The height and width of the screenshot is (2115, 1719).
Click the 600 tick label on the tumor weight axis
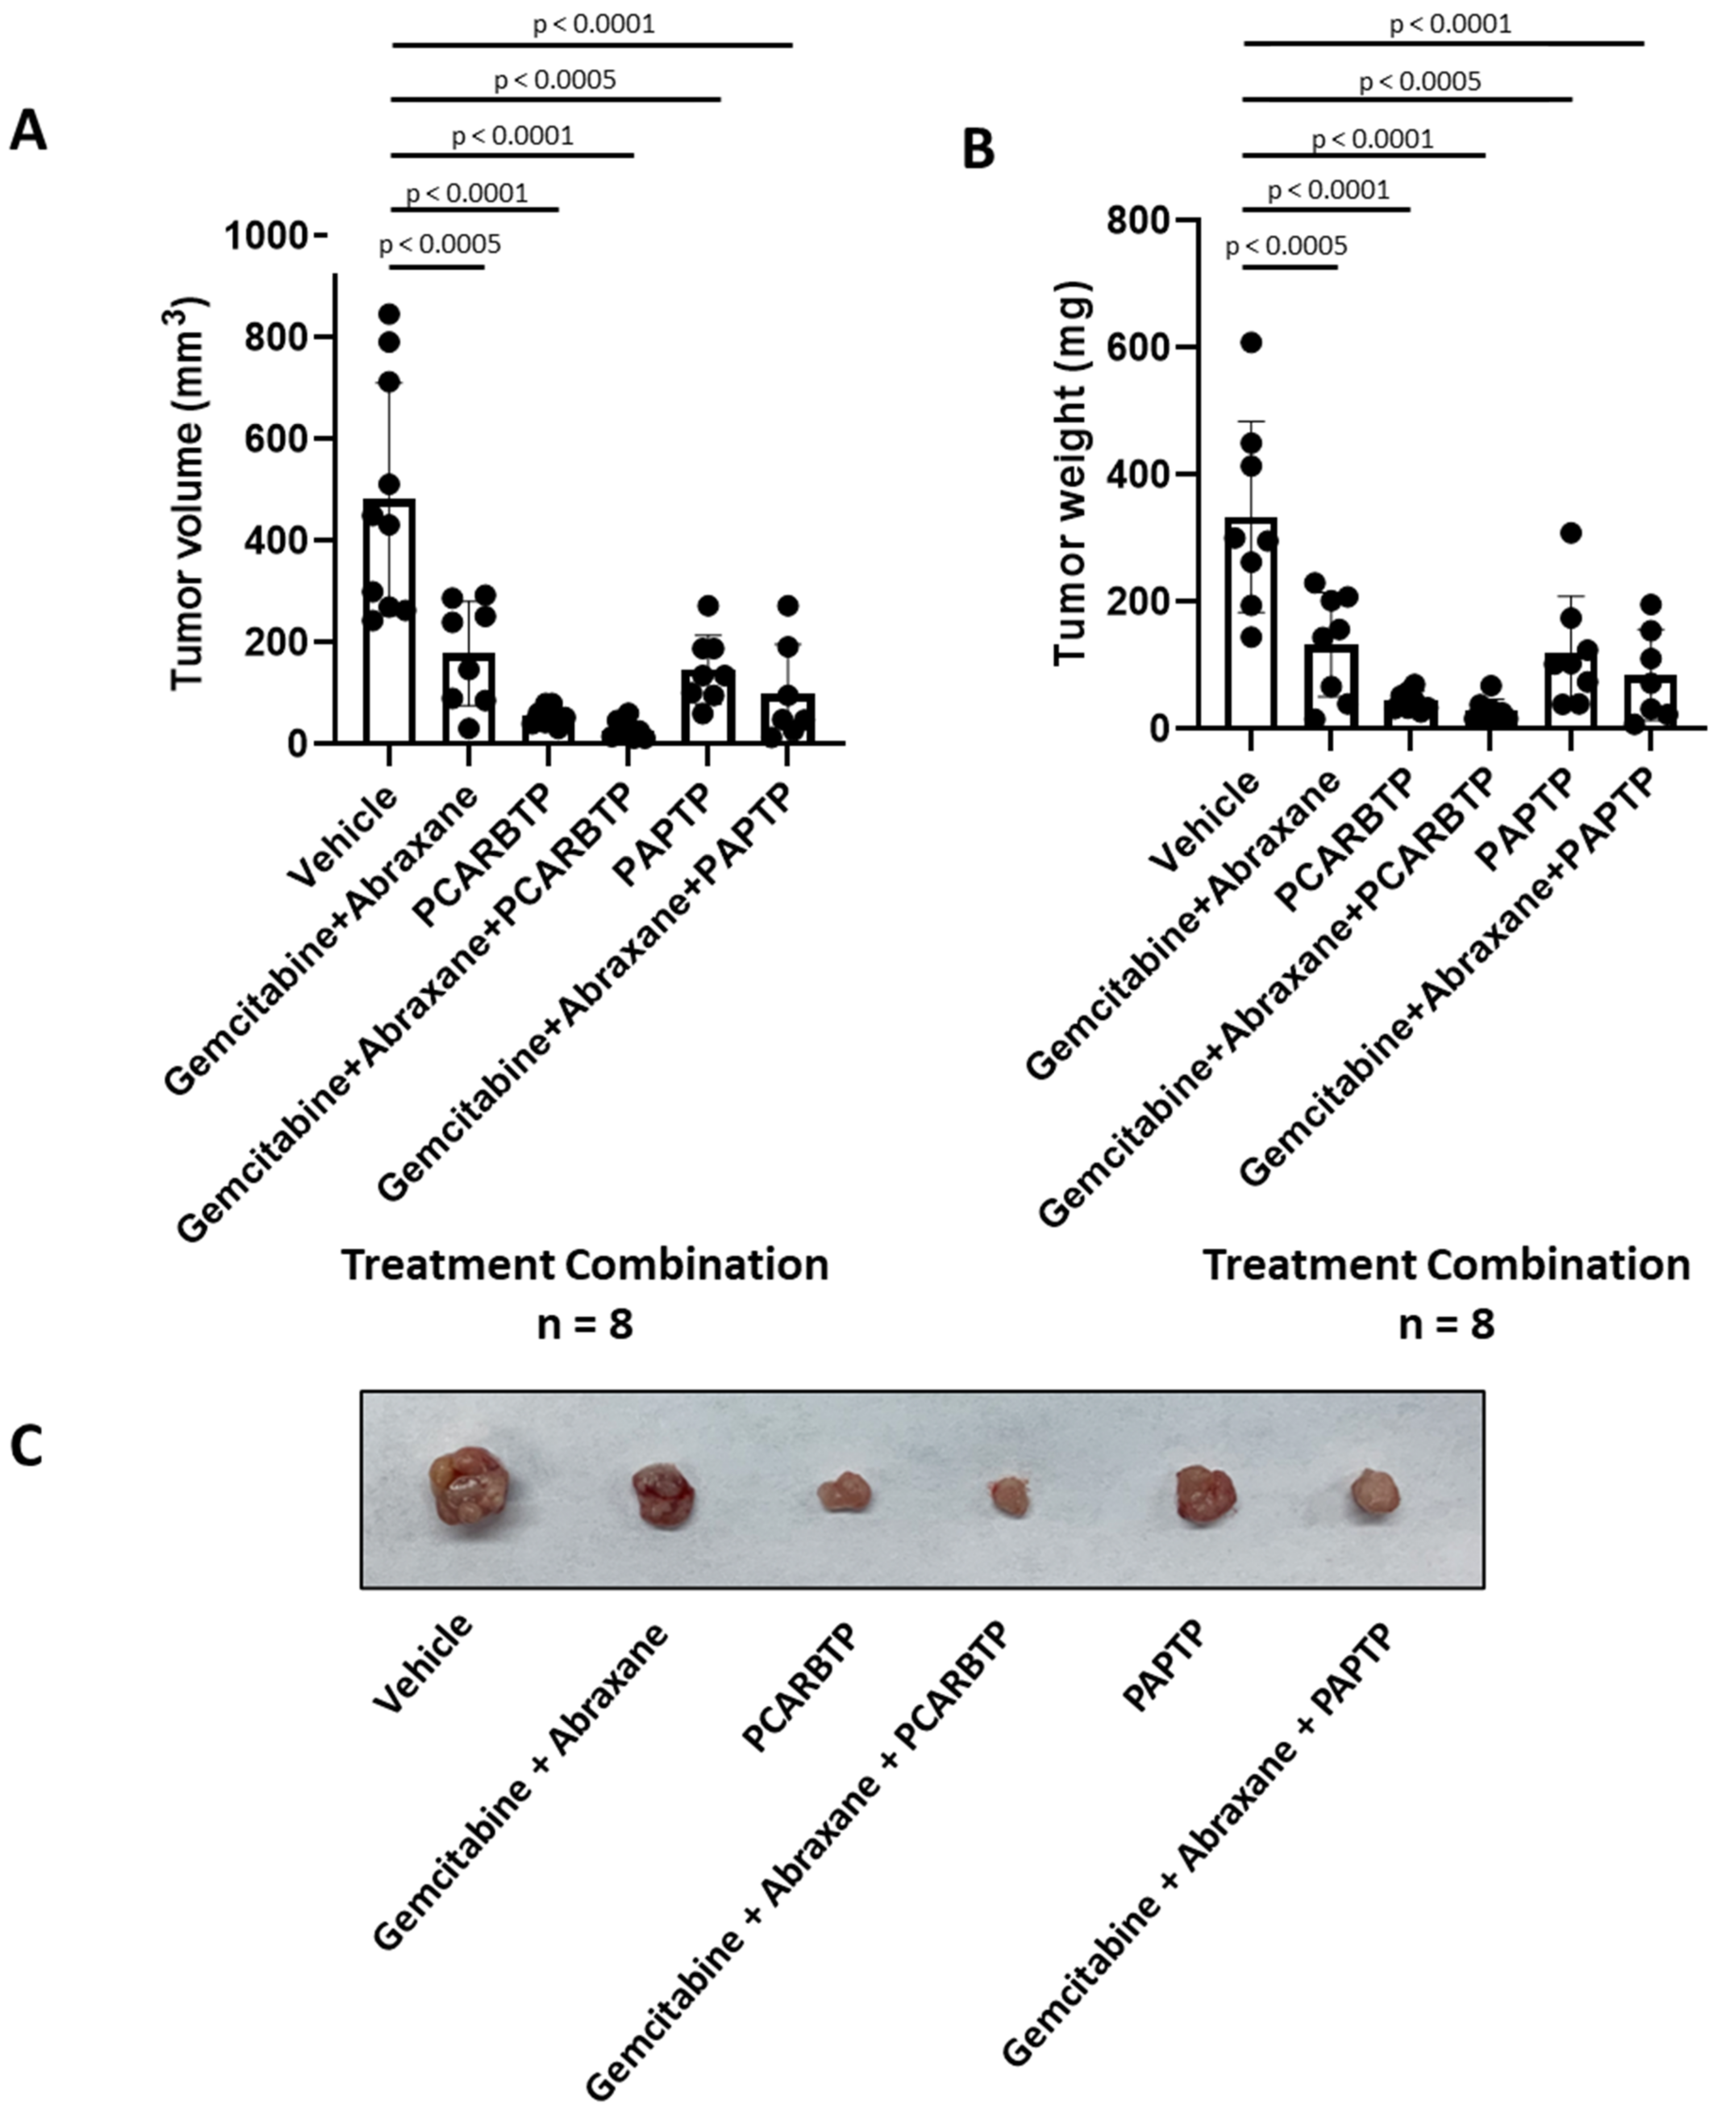click(x=1139, y=347)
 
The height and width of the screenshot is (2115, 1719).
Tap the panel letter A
click(x=28, y=132)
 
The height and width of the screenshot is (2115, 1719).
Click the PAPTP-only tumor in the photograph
click(x=1205, y=1494)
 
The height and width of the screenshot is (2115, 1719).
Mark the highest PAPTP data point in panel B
click(x=1570, y=533)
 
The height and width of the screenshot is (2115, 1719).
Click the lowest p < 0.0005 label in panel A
click(x=440, y=244)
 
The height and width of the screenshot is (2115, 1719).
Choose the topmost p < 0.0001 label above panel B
click(x=1450, y=24)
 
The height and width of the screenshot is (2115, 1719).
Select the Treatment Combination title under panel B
click(x=1447, y=1265)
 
